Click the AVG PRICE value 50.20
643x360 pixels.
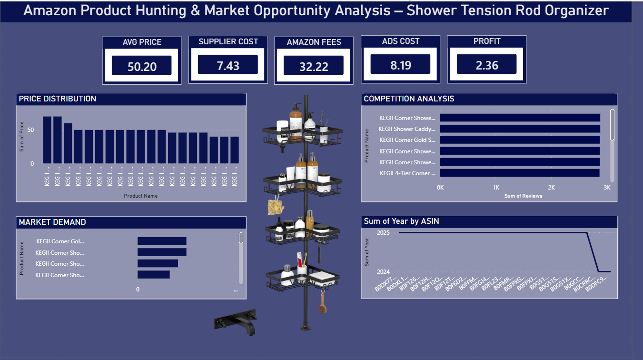(142, 67)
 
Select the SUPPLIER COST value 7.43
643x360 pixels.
(228, 66)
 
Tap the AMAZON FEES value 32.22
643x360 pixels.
(314, 67)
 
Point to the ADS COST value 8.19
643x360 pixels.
(400, 65)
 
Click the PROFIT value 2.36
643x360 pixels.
(487, 65)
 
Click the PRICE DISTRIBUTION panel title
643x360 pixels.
(58, 99)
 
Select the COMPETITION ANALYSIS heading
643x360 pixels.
(409, 99)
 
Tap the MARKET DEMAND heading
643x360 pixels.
(52, 222)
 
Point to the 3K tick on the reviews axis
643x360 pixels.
(606, 188)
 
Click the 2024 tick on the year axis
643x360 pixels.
(383, 272)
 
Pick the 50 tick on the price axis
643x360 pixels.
(32, 130)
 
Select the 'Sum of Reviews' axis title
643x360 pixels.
(523, 196)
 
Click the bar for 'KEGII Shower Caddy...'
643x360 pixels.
(520, 129)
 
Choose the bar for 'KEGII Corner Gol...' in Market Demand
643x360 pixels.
(162, 241)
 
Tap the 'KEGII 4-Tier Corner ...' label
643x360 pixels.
(407, 173)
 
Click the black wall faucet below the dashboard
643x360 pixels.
(236, 321)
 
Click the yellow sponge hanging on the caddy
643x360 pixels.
(275, 206)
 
